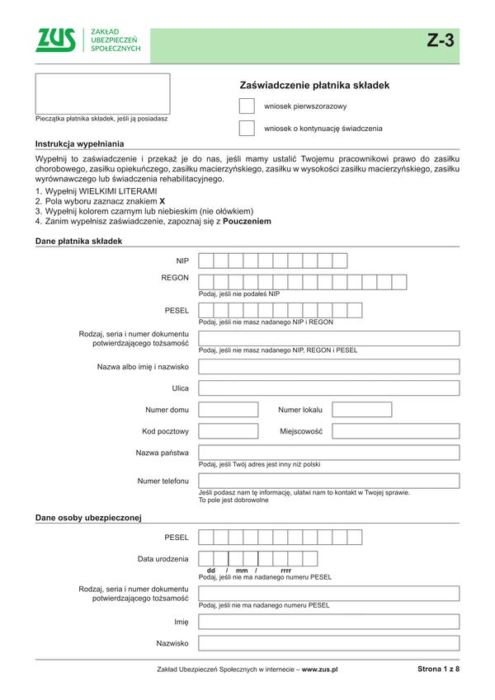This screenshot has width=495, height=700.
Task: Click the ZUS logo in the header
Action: pos(56,40)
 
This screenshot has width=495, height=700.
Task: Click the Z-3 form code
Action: pos(441,41)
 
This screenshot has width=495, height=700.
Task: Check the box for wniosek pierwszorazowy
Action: pos(246,106)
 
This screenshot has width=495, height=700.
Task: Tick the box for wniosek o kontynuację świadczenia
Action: pos(246,128)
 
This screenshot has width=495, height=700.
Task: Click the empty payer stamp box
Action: pos(102,93)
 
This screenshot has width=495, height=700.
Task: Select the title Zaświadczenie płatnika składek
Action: pos(314,85)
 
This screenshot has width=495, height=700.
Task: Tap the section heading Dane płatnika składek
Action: pos(78,241)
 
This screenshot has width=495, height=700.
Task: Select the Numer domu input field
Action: pos(233,409)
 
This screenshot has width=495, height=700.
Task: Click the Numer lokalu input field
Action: pos(395,409)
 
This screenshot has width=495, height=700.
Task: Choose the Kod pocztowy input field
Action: pos(233,430)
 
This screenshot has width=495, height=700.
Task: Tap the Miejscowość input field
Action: pos(395,430)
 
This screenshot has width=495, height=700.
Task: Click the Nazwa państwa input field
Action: pos(328,453)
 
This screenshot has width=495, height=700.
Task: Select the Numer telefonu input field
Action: pos(328,481)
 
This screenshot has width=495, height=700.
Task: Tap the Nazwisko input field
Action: pos(328,643)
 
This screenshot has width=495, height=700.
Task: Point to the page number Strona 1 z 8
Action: pos(438,669)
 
